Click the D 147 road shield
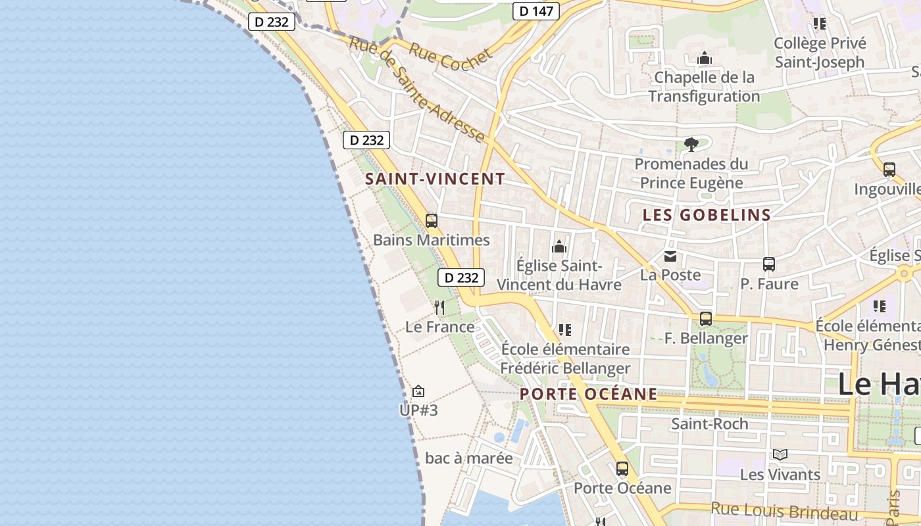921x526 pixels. tap(535, 11)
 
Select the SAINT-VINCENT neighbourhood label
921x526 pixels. tap(435, 179)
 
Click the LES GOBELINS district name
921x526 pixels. tap(707, 215)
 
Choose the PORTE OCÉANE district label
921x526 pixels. tap(588, 394)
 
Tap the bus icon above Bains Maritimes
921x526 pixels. tap(432, 221)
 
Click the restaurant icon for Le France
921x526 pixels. tap(439, 307)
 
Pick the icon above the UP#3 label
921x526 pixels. tap(418, 392)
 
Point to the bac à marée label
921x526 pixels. tap(468, 458)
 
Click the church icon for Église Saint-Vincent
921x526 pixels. tap(559, 247)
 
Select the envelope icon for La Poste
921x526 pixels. tap(670, 256)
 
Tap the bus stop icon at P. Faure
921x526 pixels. tap(768, 264)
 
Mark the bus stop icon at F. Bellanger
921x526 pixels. tap(706, 319)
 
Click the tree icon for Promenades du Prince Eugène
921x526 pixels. tap(691, 144)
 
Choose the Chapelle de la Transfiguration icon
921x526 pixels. tap(705, 59)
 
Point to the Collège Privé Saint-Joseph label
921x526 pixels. tap(819, 53)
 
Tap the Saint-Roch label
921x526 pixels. tap(709, 424)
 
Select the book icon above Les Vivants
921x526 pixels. tap(780, 454)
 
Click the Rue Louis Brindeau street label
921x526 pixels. tap(784, 511)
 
